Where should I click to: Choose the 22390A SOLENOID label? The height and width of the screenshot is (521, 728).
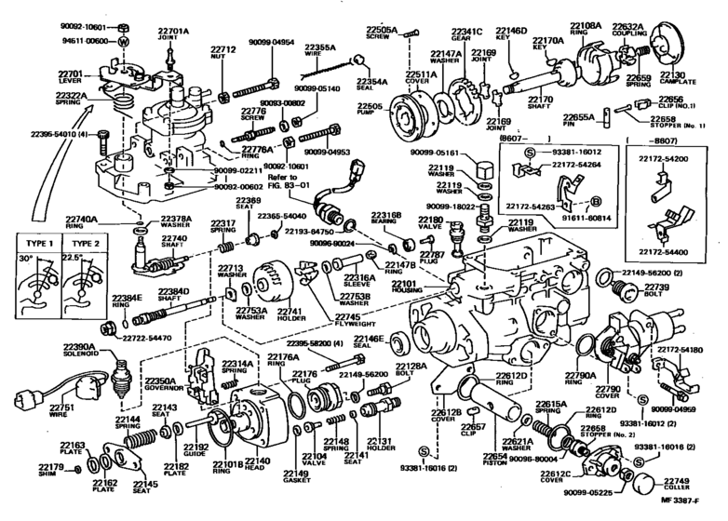coord(59,350)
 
